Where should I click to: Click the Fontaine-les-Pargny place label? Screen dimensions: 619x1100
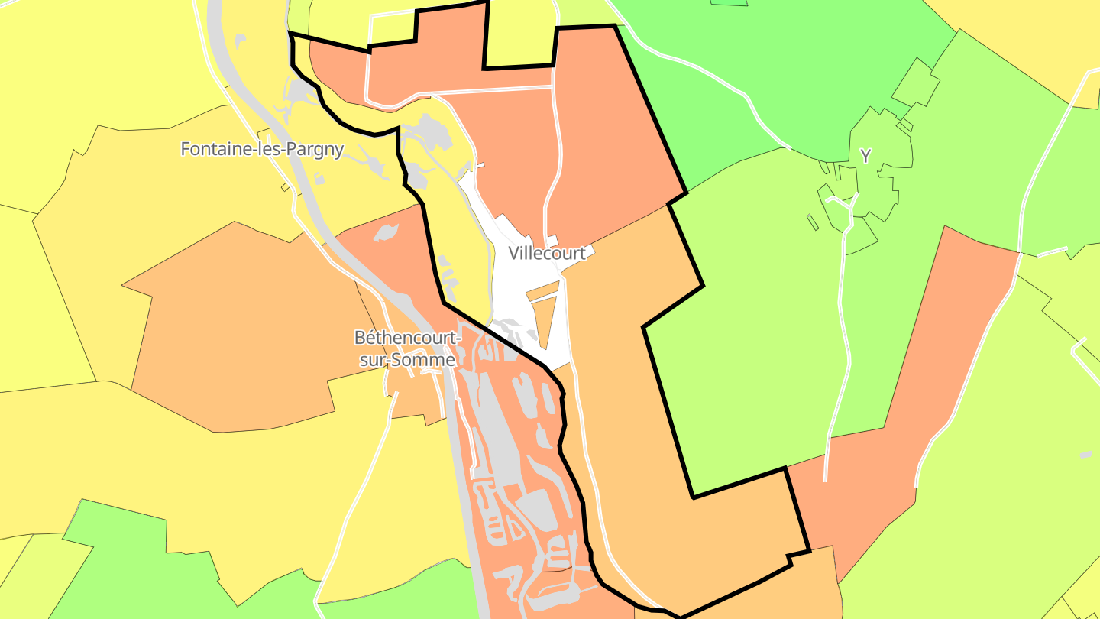(x=262, y=149)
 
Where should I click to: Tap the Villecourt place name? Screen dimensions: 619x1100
(x=548, y=253)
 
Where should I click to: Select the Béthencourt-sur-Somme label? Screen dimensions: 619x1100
(x=408, y=348)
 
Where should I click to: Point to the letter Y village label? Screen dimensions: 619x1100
(x=865, y=157)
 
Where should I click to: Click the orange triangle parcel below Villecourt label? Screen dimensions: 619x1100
(x=545, y=321)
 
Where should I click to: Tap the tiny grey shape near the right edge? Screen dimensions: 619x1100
(x=1086, y=455)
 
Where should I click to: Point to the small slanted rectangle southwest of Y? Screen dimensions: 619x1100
(x=813, y=222)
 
